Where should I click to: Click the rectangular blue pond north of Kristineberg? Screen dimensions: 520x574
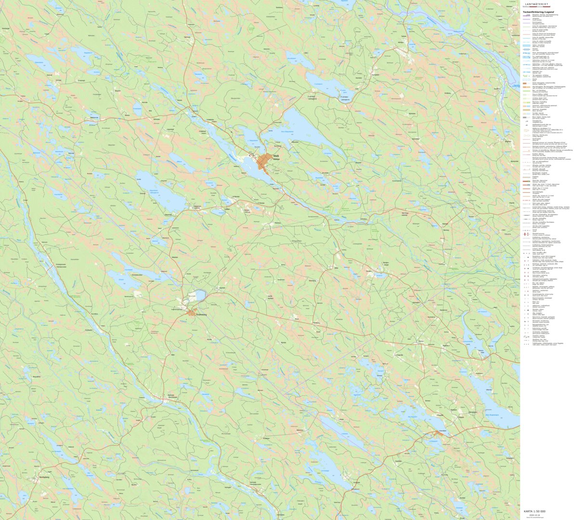pos(200,295)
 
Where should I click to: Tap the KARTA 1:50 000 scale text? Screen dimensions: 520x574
pos(535,511)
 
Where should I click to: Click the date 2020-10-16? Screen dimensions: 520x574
pos(534,515)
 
